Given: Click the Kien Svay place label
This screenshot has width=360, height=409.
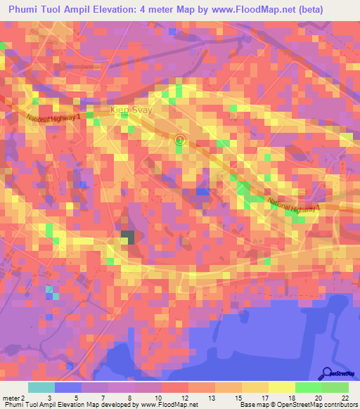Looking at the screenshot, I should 131,110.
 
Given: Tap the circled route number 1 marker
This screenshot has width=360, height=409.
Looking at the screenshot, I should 179,141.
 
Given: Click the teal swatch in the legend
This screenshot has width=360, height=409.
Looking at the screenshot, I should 41,387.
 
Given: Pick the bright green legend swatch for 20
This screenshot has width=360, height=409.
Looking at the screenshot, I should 309,387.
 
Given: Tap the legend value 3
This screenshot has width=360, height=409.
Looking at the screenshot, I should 49,398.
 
